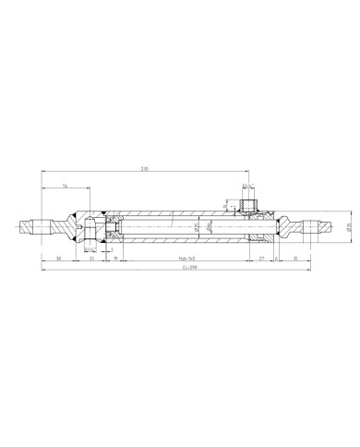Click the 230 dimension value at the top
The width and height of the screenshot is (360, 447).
(x=144, y=169)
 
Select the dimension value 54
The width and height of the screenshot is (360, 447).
(x=66, y=186)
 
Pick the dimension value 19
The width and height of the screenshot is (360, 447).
(x=114, y=260)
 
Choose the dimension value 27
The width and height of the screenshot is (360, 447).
(x=261, y=260)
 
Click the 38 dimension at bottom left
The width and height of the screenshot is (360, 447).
(x=59, y=260)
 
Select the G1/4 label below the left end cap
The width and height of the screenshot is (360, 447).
(x=90, y=248)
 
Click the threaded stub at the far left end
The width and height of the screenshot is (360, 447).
(x=35, y=226)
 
